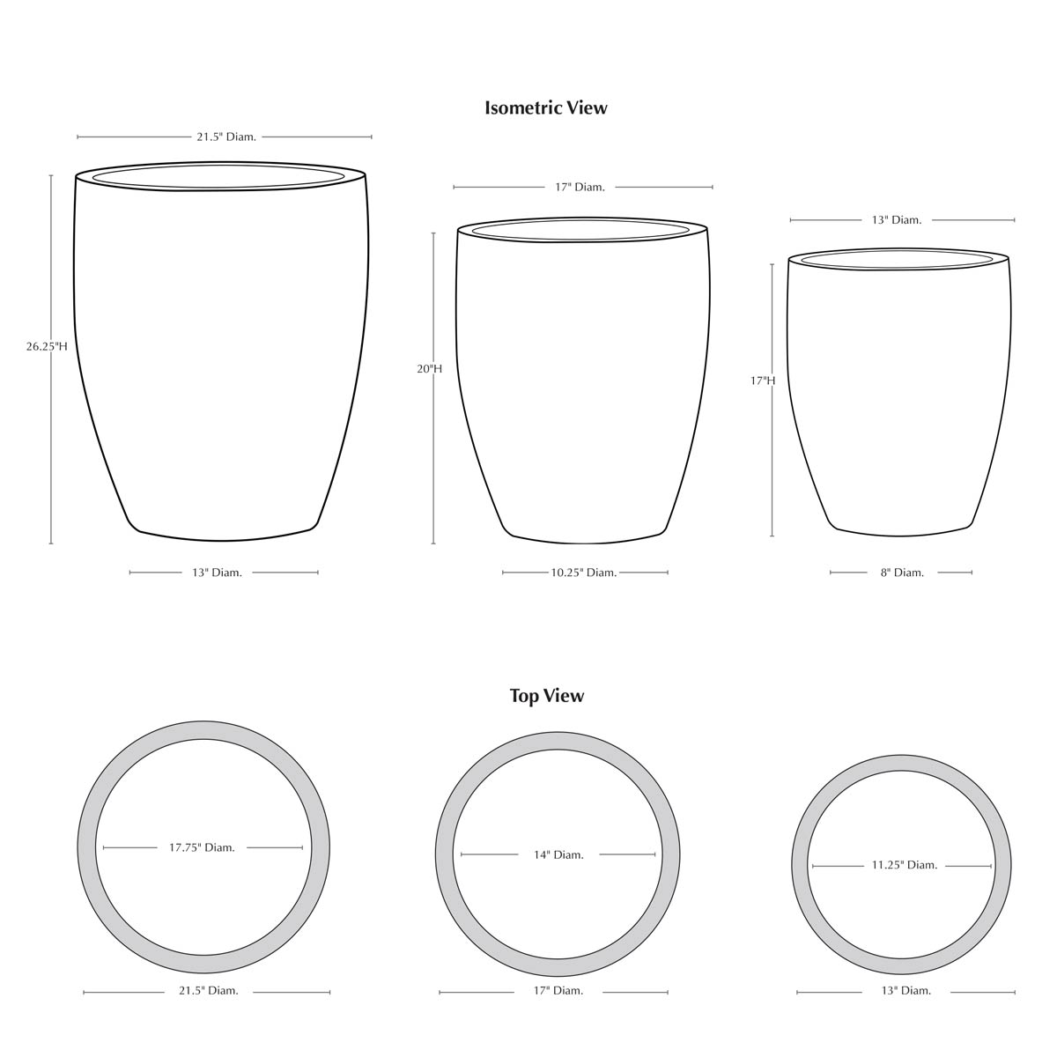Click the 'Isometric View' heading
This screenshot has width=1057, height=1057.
(x=546, y=107)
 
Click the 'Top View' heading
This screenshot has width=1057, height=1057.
(x=547, y=696)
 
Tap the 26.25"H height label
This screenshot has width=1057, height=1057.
(x=47, y=347)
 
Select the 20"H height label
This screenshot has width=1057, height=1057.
(x=429, y=369)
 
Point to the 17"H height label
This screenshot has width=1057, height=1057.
(x=763, y=381)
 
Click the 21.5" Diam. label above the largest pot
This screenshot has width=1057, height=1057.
(x=226, y=137)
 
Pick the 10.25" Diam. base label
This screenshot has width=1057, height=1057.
(x=584, y=573)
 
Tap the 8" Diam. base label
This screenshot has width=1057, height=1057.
(x=902, y=573)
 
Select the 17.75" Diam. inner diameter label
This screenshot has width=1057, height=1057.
(x=202, y=847)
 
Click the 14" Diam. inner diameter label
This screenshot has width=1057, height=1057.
(x=558, y=854)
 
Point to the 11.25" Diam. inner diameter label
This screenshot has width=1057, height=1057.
(x=905, y=865)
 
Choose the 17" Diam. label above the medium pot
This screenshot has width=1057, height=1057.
(x=580, y=188)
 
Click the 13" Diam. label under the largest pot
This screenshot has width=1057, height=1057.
(x=217, y=573)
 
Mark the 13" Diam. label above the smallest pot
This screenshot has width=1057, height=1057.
(x=897, y=220)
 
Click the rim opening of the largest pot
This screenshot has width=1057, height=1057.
(x=218, y=176)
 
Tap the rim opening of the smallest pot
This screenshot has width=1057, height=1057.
(x=898, y=260)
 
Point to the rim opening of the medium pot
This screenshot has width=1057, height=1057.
(x=580, y=231)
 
